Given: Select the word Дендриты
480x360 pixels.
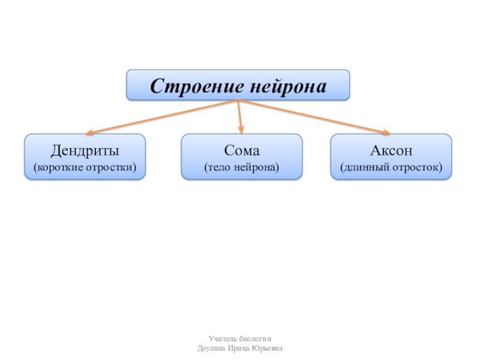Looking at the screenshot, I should (x=85, y=149).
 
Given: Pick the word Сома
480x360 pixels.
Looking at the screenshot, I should (x=242, y=149).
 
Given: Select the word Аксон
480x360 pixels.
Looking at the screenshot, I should (x=391, y=149).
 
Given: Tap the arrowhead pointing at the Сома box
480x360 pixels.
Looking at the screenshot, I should (x=241, y=129).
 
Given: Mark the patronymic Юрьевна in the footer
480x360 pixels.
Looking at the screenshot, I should (x=268, y=349).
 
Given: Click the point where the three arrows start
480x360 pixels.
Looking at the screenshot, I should (x=238, y=101).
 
